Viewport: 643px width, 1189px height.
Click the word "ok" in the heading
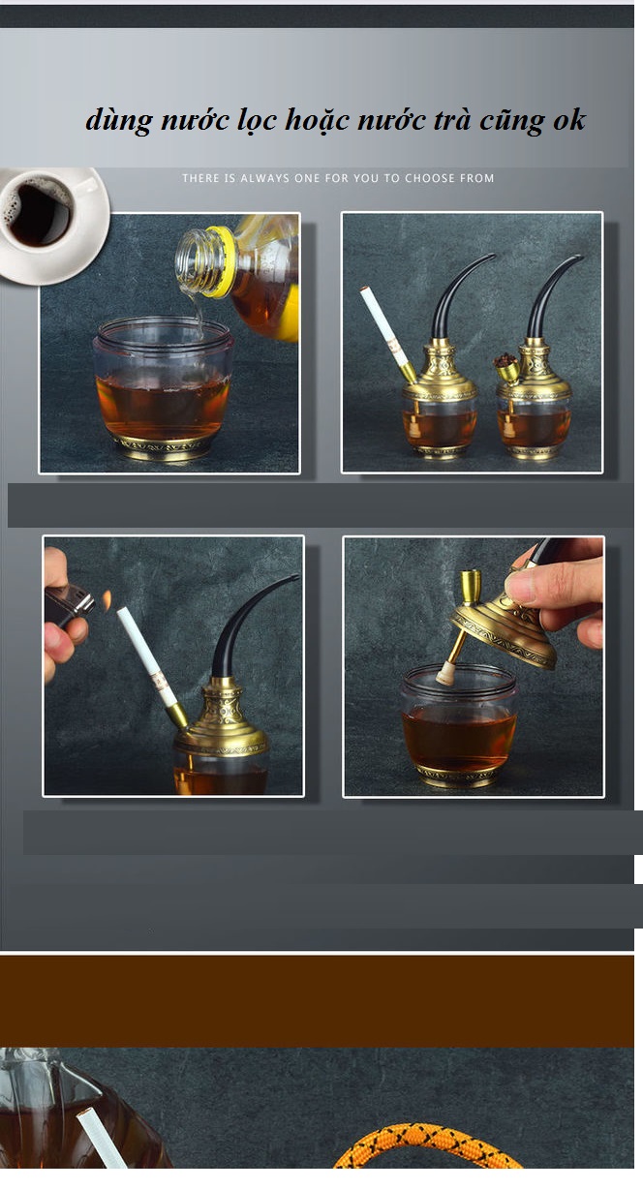coord(569,120)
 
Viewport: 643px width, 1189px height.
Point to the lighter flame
coord(107,599)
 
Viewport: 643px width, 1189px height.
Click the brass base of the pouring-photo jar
coord(163,447)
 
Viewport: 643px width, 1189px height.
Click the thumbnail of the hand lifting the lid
coord(474,667)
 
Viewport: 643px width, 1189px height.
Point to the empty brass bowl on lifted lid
coord(470,586)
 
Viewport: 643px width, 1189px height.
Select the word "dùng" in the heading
coord(118,120)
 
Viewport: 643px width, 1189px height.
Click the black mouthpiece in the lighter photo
coord(249,625)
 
